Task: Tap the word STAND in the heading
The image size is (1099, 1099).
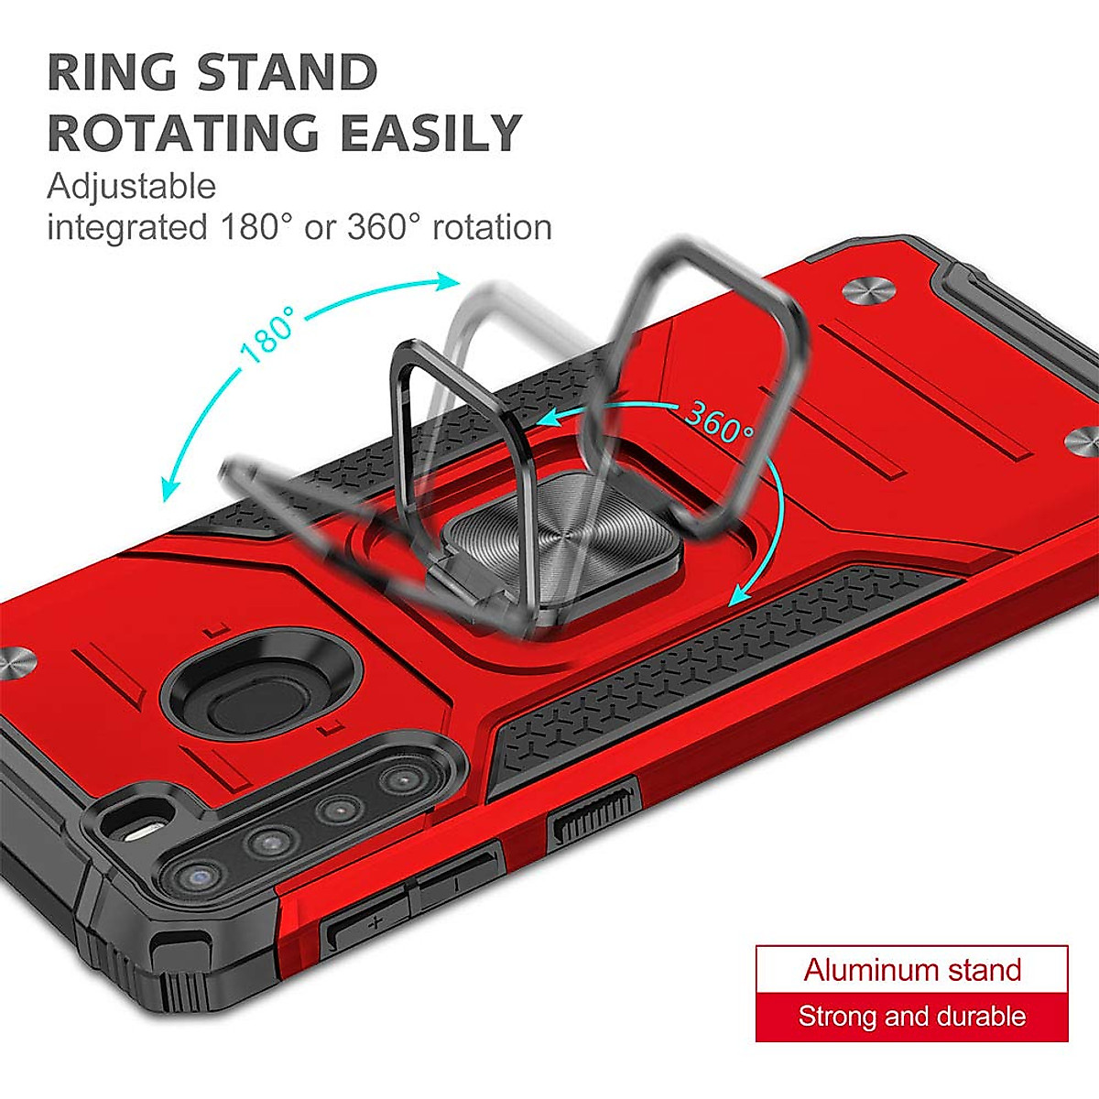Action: (288, 72)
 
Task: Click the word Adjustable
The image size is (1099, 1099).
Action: (131, 186)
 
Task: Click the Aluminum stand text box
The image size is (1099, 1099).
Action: (911, 970)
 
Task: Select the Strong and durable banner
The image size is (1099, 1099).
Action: (911, 1017)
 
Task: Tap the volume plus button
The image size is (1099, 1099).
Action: (370, 924)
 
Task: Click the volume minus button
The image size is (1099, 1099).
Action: (456, 884)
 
